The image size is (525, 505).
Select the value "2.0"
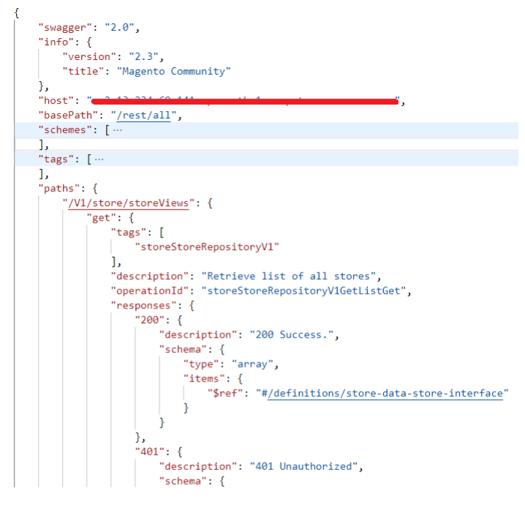tap(121, 28)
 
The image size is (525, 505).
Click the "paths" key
tap(58, 189)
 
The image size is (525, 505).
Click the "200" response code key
tap(149, 320)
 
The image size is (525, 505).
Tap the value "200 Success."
tap(293, 335)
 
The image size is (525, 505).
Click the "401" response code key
tap(149, 451)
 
